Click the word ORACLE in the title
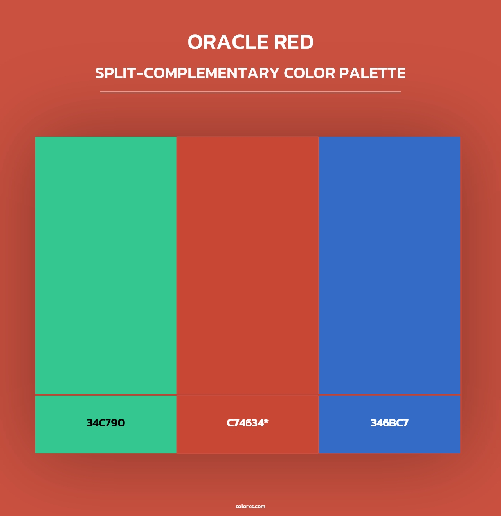[228, 42]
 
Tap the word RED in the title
[294, 42]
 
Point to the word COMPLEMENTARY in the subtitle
[211, 73]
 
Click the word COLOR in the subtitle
[309, 73]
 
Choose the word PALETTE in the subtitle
[372, 73]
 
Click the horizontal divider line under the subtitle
[250, 92]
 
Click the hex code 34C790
[106, 423]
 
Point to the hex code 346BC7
[389, 423]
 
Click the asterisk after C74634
[266, 421]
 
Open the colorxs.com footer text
[250, 506]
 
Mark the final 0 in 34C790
[121, 423]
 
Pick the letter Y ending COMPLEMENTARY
[274, 73]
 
